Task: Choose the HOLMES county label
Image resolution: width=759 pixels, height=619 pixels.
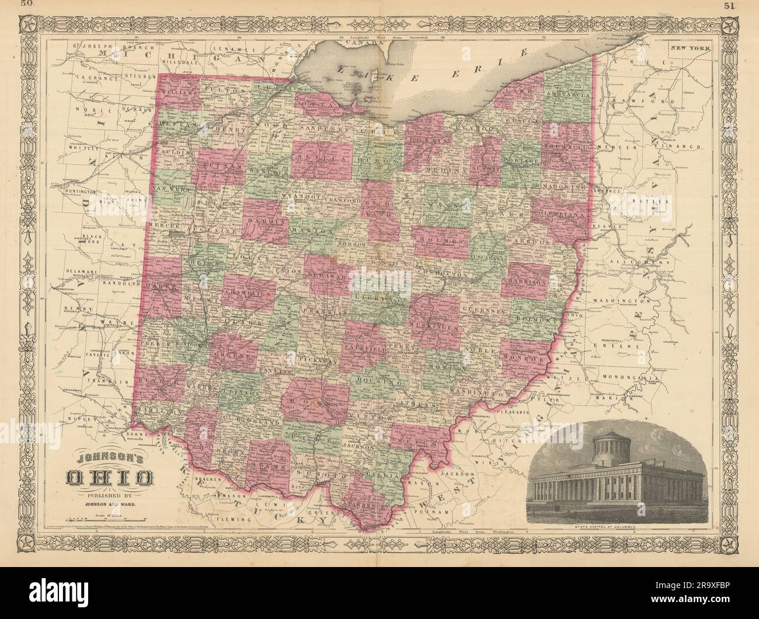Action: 441,238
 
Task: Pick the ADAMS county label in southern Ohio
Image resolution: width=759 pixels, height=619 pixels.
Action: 270,468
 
